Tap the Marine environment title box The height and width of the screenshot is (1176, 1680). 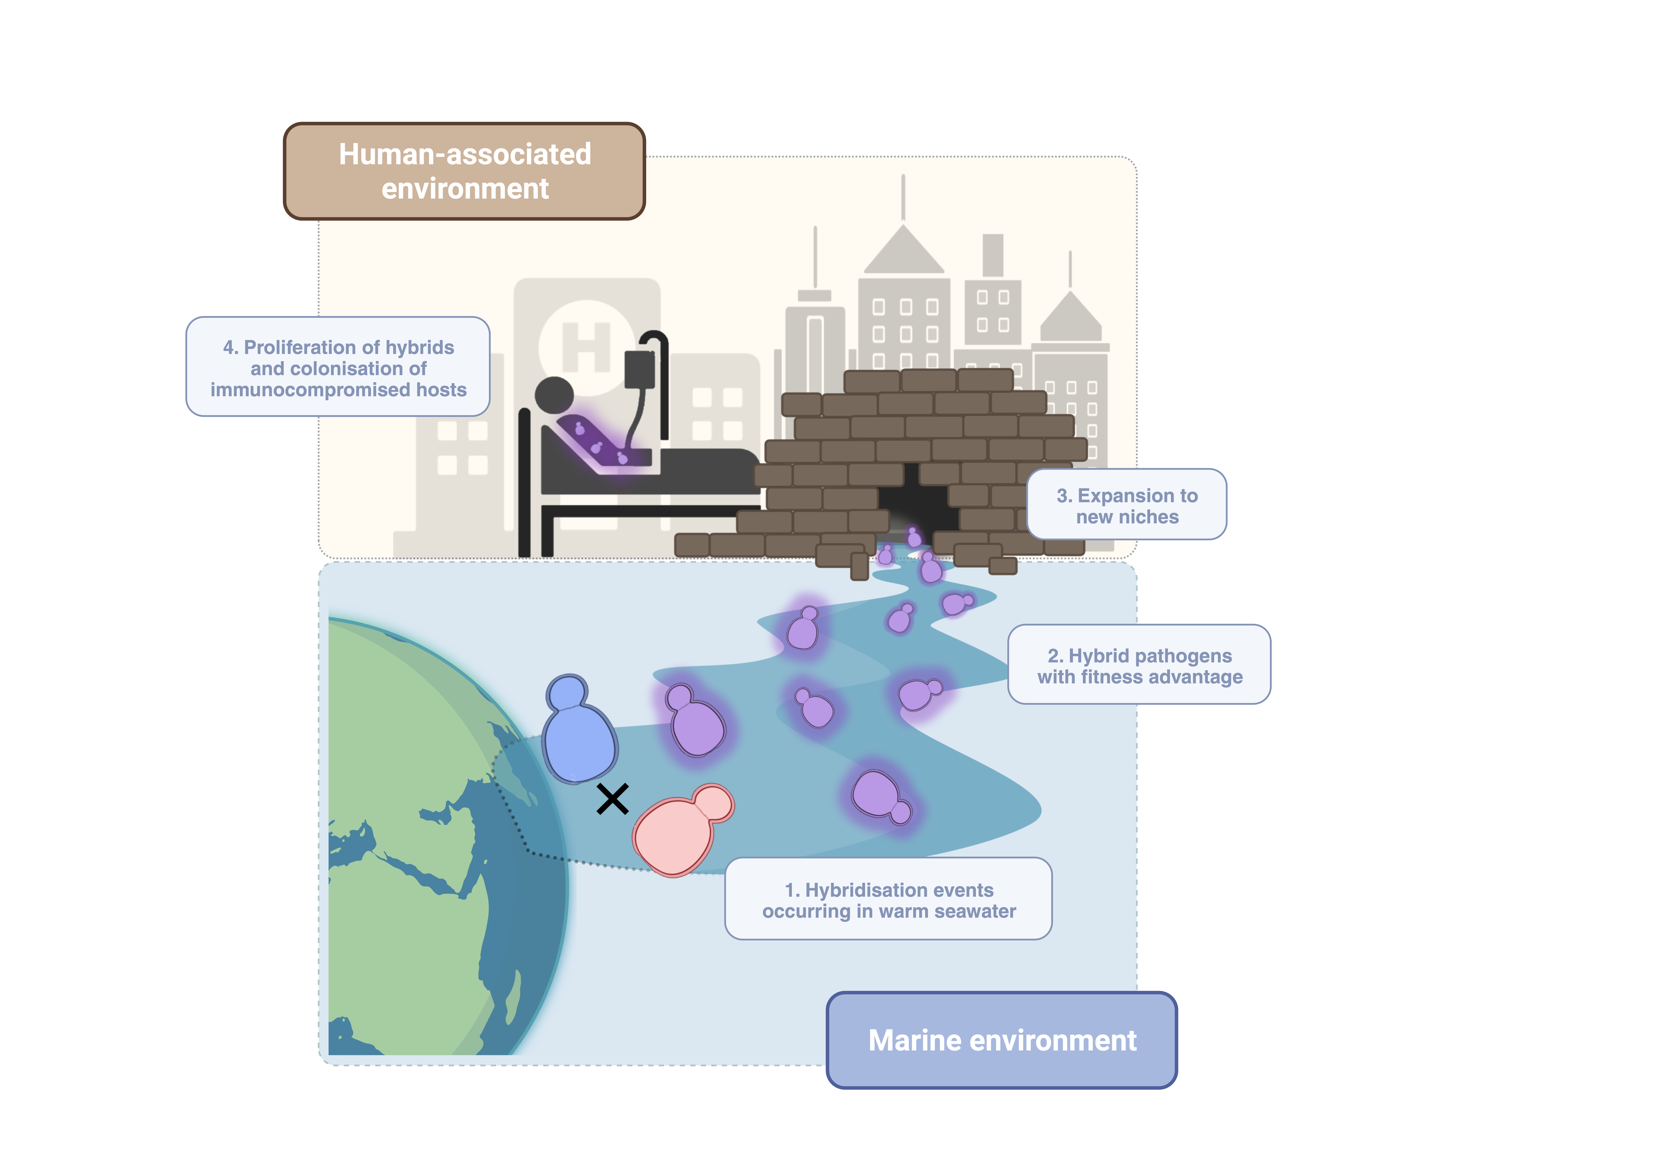pos(1002,1040)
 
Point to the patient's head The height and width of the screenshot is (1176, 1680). pos(554,396)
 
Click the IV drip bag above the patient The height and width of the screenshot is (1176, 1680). pos(639,370)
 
